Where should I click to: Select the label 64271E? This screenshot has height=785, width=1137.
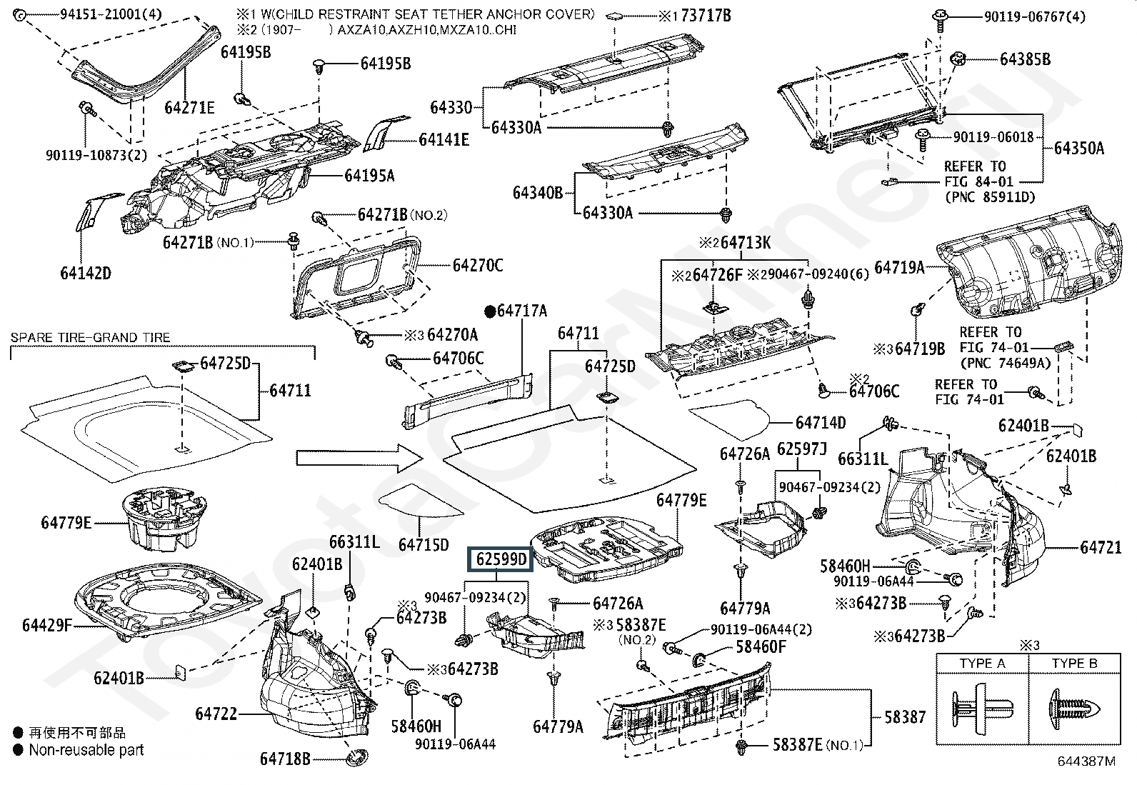point(189,107)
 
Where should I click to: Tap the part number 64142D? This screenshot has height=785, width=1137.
point(86,273)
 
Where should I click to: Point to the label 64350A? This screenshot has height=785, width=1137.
point(1078,149)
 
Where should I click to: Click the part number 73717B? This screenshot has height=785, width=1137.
point(706,15)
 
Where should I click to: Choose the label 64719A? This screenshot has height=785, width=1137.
point(899,268)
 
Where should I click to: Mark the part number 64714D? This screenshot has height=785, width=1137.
point(821,423)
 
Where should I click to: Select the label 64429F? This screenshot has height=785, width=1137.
point(47,625)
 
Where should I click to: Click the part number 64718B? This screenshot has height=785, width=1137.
point(284,759)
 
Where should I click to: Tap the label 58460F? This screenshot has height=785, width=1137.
point(761,648)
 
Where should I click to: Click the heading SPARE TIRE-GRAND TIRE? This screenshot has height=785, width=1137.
point(90,337)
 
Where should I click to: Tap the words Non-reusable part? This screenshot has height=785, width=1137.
point(86,750)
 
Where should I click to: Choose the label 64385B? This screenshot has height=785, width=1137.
point(1025,59)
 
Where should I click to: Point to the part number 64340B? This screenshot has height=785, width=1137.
point(538,193)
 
